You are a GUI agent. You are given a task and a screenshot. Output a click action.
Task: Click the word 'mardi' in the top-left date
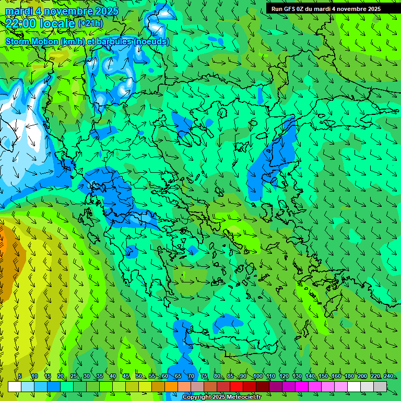tap(19, 11)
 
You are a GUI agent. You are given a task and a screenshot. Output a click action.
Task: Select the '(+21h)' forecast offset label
tap(90, 23)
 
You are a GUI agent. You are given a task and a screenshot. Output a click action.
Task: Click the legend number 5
tap(20, 376)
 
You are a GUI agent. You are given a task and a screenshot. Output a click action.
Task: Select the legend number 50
tap(138, 376)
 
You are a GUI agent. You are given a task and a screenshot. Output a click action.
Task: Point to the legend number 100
tap(257, 376)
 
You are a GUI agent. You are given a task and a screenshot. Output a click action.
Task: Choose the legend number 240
tap(388, 376)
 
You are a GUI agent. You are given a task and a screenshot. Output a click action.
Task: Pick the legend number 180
tap(349, 376)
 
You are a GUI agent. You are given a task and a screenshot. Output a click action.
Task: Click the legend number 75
tap(204, 376)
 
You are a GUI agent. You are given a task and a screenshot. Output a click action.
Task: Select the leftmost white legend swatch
tap(15, 386)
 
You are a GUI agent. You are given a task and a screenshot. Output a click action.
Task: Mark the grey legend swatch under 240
tap(380, 386)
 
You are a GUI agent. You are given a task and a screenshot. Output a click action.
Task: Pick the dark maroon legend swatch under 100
tap(263, 386)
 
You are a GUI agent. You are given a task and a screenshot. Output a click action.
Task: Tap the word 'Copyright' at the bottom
tap(197, 397)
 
